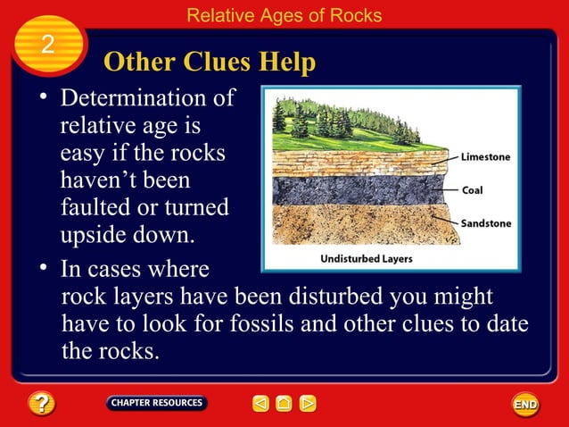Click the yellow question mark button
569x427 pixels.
(41, 405)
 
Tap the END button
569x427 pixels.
(525, 405)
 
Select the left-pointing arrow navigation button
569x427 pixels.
(260, 404)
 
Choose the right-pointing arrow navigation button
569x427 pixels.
(308, 404)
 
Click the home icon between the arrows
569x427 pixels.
(284, 404)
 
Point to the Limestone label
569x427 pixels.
(485, 157)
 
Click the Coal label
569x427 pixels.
(472, 190)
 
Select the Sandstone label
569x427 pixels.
(486, 223)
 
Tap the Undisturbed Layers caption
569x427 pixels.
(366, 259)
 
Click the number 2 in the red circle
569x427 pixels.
(47, 45)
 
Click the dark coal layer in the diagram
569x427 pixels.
(357, 190)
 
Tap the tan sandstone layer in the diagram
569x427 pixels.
(357, 223)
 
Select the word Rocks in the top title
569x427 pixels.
(356, 15)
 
